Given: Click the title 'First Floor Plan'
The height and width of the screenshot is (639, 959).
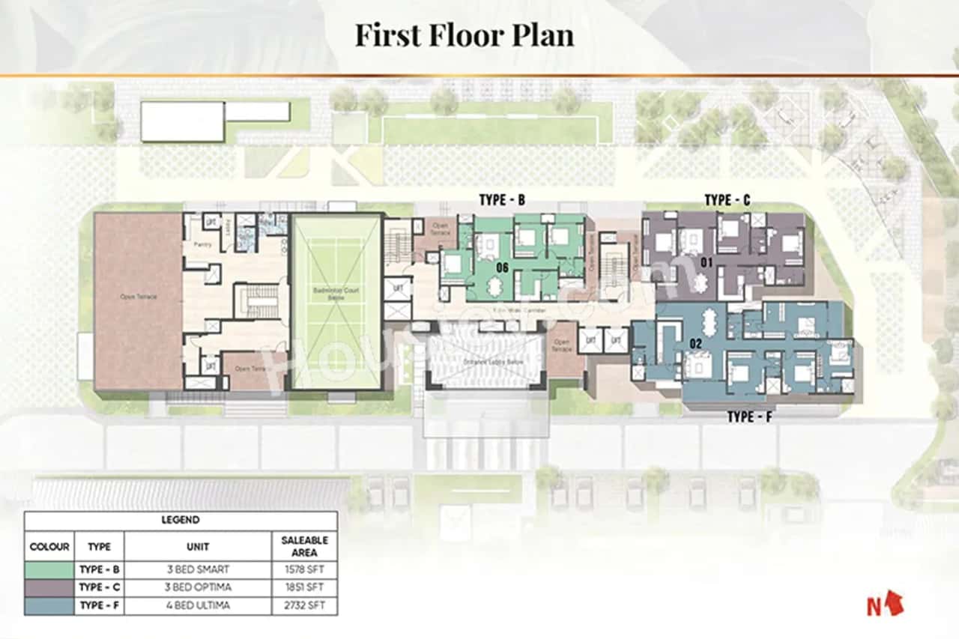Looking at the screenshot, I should (464, 35).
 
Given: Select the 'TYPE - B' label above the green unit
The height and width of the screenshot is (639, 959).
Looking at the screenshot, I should (503, 201).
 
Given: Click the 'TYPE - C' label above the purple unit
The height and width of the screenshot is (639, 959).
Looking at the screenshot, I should (727, 200).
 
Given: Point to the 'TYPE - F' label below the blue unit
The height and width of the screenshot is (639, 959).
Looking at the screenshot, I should (749, 417).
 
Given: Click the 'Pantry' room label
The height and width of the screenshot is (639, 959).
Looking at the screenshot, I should (202, 245).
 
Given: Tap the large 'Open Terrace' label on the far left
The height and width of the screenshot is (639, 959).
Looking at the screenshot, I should (138, 297).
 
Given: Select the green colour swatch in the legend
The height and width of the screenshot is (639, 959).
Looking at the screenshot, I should (49, 570).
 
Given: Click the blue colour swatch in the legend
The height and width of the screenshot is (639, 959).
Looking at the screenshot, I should (49, 605).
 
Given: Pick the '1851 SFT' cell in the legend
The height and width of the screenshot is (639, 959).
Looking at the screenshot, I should (303, 588).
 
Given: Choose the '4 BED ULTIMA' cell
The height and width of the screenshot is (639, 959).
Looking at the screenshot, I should (198, 605).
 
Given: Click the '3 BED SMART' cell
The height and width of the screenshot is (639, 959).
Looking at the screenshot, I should (198, 570).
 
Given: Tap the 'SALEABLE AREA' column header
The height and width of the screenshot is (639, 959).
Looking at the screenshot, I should (303, 546).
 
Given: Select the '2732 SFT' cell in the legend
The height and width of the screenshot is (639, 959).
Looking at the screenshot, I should (303, 605).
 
